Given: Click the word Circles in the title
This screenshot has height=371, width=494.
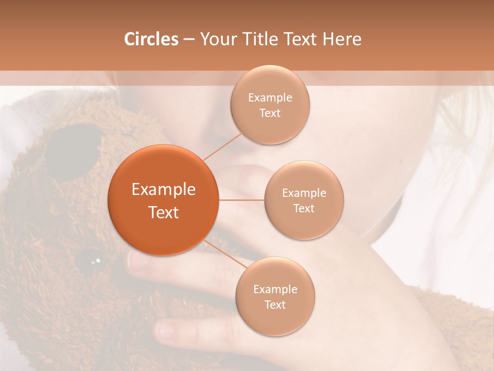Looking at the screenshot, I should (x=151, y=39).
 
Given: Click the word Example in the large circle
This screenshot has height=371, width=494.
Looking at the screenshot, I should (x=164, y=190).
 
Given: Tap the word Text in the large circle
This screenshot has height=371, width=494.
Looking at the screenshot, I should (x=164, y=212).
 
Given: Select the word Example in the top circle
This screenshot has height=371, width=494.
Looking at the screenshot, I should (x=270, y=98).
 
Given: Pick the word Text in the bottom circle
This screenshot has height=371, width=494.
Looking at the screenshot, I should (x=275, y=305).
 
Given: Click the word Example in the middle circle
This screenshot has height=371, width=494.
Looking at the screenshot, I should (x=304, y=193).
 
